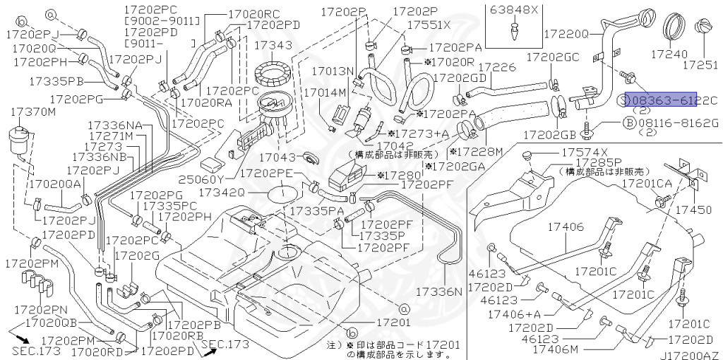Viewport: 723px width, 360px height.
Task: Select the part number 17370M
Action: pyautogui.click(x=34, y=112)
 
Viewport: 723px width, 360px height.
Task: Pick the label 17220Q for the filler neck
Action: pyautogui.click(x=566, y=32)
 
